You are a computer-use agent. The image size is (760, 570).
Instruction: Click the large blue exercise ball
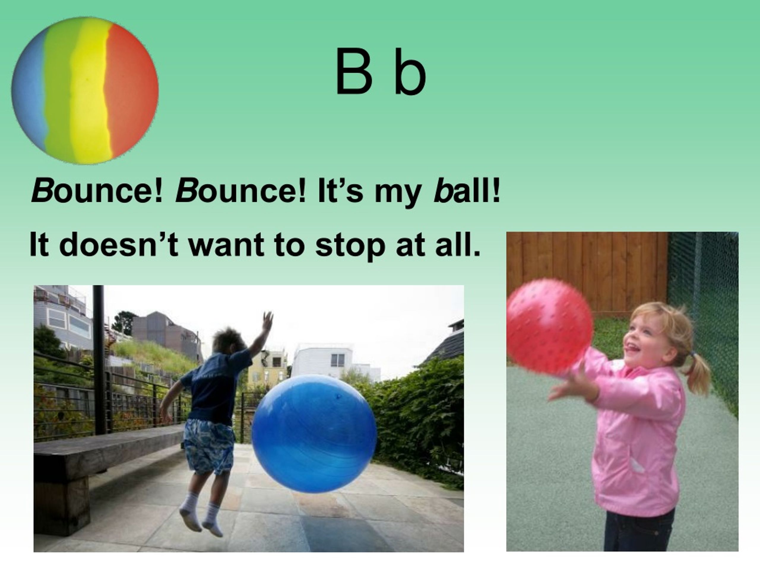314,434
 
